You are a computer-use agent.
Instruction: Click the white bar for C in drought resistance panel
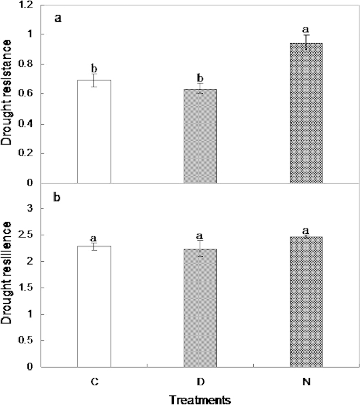coord(94,132)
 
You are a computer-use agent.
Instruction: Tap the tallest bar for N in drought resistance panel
coord(306,113)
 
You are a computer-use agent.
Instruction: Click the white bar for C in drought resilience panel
coord(94,307)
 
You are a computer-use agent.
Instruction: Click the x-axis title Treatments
coord(200,399)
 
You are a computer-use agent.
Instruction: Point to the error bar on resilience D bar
coord(200,249)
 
